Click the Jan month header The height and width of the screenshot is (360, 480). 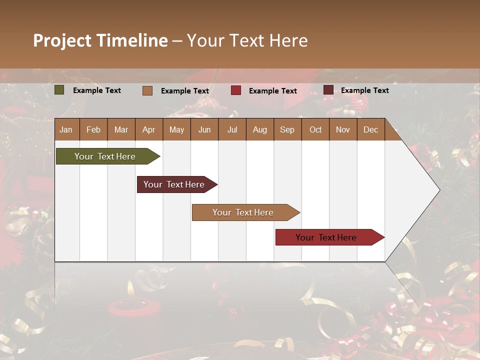coord(66,129)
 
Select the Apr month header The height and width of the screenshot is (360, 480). coord(148,129)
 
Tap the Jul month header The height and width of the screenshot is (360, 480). coord(232,129)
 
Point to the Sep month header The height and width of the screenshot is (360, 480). coord(287,129)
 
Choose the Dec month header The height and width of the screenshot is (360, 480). coord(370,129)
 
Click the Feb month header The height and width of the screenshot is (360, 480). coord(93,129)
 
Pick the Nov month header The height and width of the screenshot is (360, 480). coord(342,129)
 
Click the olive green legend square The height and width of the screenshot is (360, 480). coord(59,90)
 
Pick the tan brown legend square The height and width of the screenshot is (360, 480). coord(147,90)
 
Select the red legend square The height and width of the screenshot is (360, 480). coord(236,90)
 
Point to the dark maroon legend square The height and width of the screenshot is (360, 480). coord(328,90)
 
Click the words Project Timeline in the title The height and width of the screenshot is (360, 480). coord(100,40)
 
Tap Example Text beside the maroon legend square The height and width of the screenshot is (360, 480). coord(364,90)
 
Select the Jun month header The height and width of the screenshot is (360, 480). coord(204,129)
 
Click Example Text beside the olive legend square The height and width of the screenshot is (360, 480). coord(96,90)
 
